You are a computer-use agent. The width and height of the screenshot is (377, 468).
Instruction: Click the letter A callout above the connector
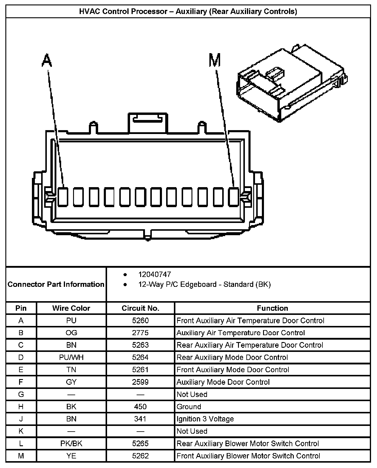click(x=47, y=61)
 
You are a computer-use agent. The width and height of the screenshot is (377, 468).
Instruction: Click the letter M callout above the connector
click(x=215, y=60)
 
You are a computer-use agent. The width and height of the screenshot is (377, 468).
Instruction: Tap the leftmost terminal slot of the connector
click(x=62, y=197)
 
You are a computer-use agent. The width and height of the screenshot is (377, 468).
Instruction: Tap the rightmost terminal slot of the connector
click(x=234, y=197)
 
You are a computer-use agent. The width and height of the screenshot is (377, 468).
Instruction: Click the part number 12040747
click(x=154, y=274)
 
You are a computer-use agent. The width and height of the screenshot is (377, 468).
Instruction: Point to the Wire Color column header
click(x=71, y=308)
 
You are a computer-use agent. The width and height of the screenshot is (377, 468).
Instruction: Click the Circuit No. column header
click(x=140, y=308)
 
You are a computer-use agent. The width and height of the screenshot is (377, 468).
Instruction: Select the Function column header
click(x=272, y=308)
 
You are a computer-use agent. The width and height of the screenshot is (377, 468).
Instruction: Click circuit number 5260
click(x=140, y=321)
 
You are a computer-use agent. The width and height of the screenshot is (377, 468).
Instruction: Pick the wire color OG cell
click(x=71, y=333)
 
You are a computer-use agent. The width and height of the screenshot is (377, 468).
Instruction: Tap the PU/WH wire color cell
click(x=71, y=357)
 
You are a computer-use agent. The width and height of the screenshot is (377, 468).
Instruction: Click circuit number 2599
click(x=140, y=382)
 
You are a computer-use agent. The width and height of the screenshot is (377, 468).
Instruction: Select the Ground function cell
click(x=189, y=407)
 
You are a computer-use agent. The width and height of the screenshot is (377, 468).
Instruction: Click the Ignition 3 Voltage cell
click(x=205, y=419)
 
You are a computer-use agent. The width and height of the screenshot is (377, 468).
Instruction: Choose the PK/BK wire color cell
click(x=71, y=444)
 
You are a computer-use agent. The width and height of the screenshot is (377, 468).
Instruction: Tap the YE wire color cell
click(x=71, y=456)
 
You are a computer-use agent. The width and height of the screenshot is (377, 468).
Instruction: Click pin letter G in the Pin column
click(x=21, y=394)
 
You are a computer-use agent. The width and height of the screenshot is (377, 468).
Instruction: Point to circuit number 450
click(x=140, y=407)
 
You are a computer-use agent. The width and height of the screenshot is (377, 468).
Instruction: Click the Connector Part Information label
click(x=56, y=284)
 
